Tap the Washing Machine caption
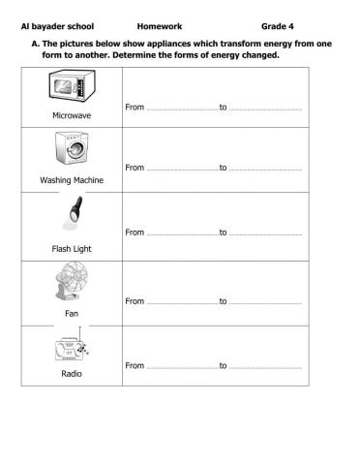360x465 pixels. click(72, 181)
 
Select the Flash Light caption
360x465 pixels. click(71, 248)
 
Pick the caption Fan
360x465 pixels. click(72, 313)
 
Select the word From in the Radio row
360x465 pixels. click(135, 365)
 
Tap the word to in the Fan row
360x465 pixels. click(223, 301)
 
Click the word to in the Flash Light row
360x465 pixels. click(223, 232)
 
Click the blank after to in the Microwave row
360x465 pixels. click(265, 106)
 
